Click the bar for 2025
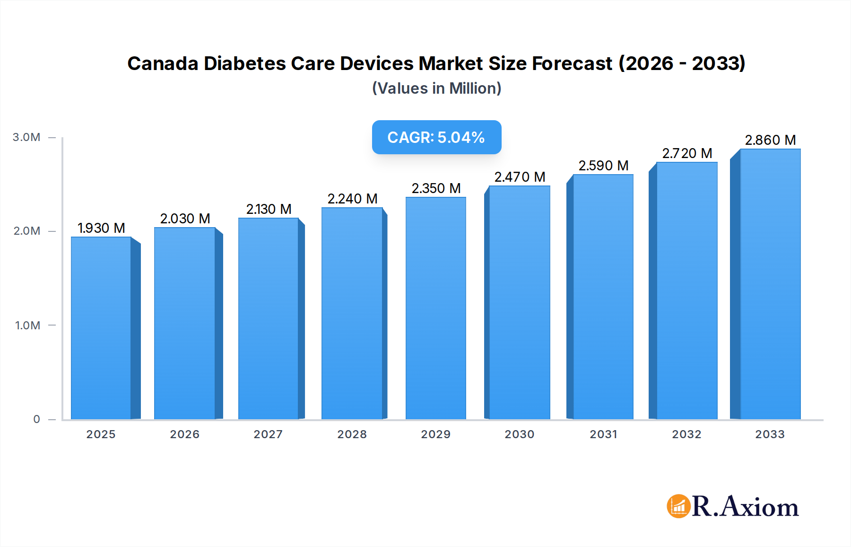click(x=101, y=327)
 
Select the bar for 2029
click(x=435, y=308)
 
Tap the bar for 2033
click(x=770, y=284)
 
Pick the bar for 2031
click(x=603, y=297)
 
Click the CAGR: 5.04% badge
click(x=436, y=137)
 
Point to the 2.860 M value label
click(x=770, y=140)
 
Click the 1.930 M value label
click(x=101, y=228)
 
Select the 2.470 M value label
click(x=520, y=177)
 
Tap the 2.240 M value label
click(x=352, y=199)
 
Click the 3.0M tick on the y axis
click(x=26, y=137)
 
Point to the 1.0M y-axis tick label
click(x=27, y=325)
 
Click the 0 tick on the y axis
click(x=36, y=419)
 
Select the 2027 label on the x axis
click(x=268, y=434)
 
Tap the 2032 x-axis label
click(x=686, y=434)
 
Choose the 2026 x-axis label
click(x=184, y=434)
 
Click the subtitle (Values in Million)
click(x=436, y=88)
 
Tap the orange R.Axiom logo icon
click(x=678, y=506)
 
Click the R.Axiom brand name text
click(x=745, y=506)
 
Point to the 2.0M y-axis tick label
click(x=26, y=231)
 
